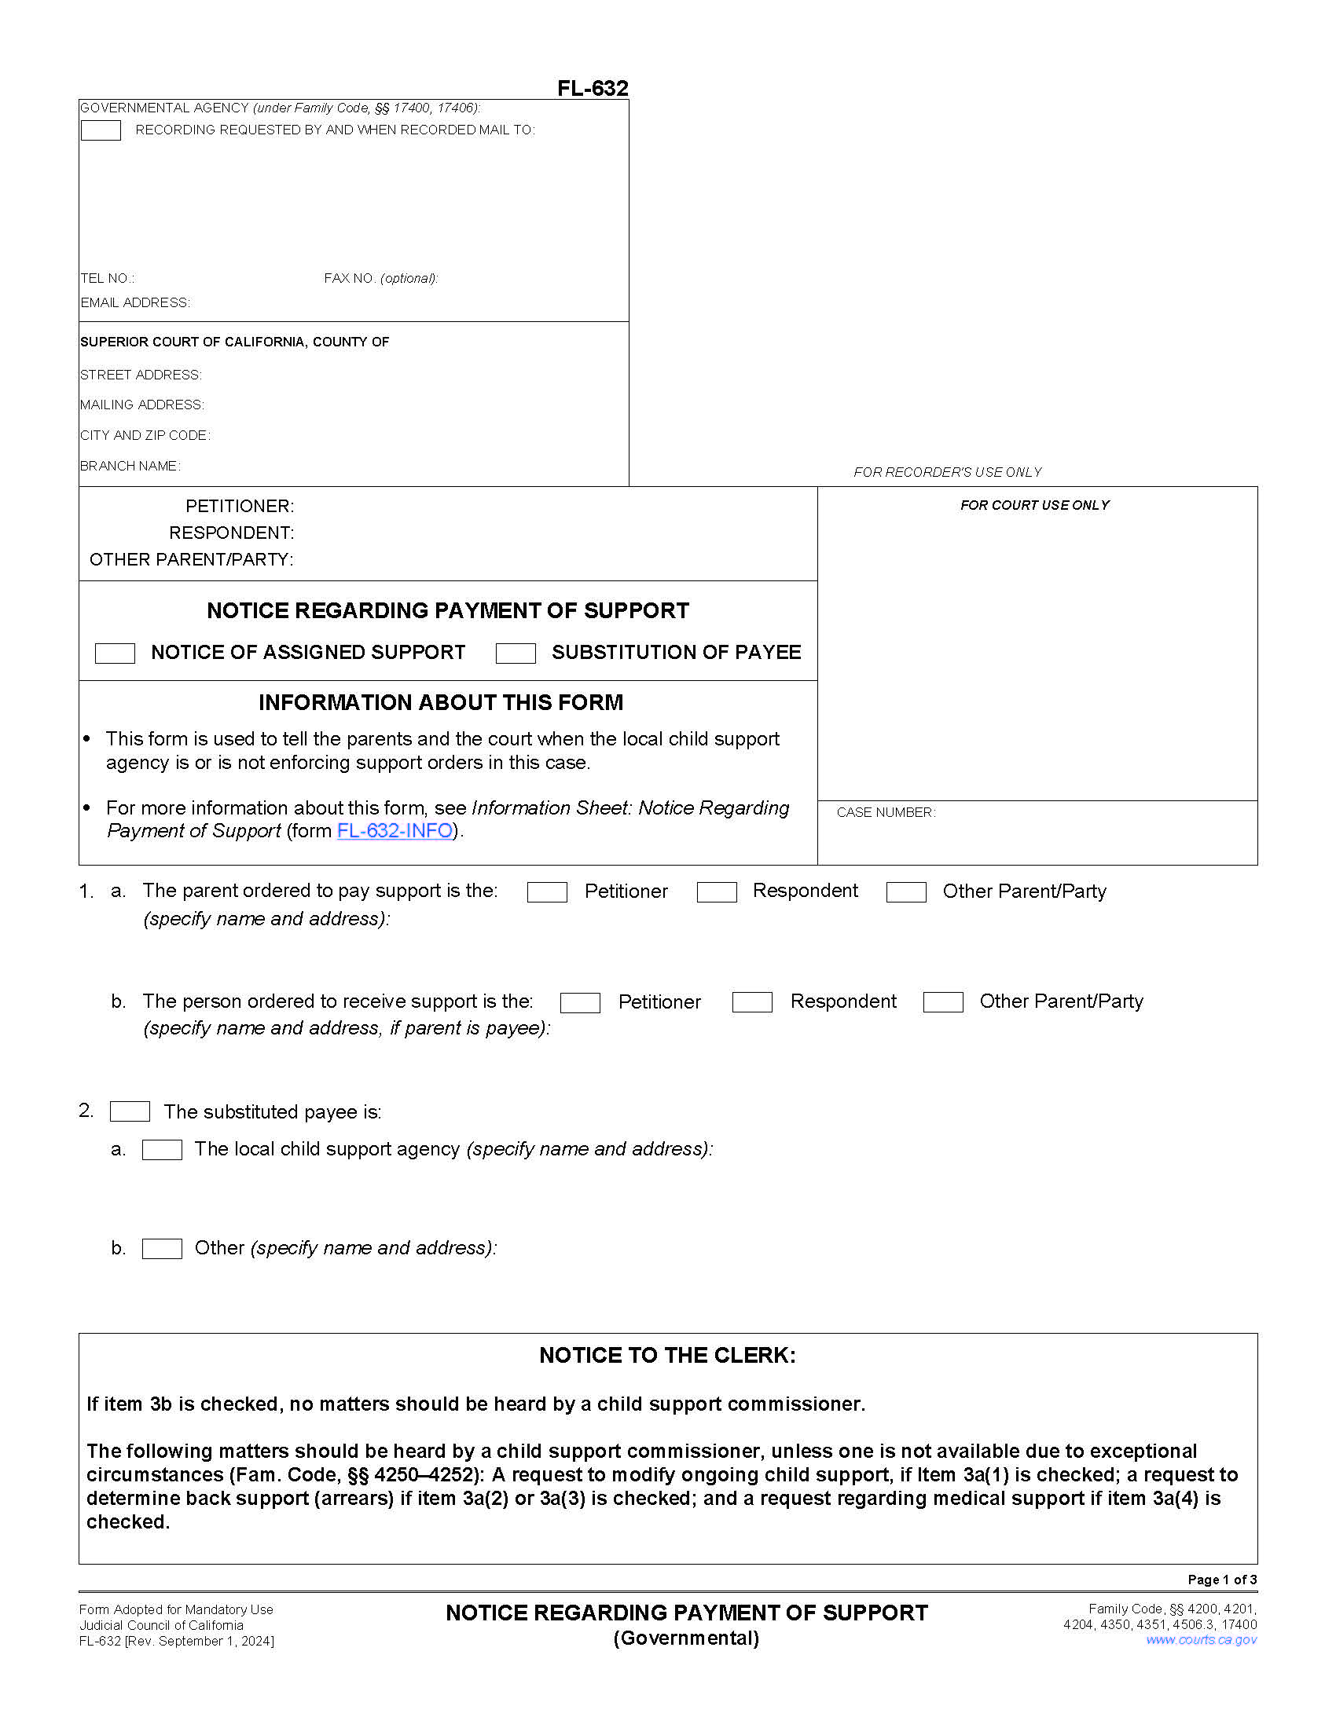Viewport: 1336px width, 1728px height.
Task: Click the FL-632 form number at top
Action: tap(592, 88)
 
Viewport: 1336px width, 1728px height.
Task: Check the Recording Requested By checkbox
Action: tap(101, 130)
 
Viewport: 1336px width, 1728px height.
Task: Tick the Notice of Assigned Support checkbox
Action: tap(115, 653)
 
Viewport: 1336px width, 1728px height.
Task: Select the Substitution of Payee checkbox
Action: tap(516, 653)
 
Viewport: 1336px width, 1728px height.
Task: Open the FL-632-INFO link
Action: tap(395, 830)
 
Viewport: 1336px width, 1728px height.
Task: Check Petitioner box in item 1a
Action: tap(547, 891)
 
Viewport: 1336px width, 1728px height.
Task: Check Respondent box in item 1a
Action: tap(716, 891)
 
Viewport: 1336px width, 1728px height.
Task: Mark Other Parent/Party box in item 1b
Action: tap(942, 1001)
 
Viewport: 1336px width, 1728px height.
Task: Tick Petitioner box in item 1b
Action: tap(580, 1002)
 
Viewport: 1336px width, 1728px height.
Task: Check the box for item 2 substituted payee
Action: tap(130, 1111)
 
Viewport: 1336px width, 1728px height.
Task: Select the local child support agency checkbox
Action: tap(162, 1149)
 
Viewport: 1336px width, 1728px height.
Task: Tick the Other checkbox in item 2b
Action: tap(162, 1248)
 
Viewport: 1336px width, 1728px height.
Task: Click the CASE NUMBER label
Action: tap(886, 813)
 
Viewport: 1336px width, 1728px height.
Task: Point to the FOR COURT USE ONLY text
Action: tap(1034, 505)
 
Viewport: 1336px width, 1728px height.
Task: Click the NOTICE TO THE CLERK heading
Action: tap(667, 1355)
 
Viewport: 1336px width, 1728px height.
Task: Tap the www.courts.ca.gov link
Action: tap(1201, 1639)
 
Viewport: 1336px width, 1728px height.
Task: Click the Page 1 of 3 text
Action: tap(1221, 1580)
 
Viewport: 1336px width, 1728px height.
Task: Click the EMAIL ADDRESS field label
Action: tap(135, 303)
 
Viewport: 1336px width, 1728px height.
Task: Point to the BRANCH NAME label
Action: tap(130, 466)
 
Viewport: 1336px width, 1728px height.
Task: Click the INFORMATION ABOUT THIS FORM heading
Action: tap(441, 703)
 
